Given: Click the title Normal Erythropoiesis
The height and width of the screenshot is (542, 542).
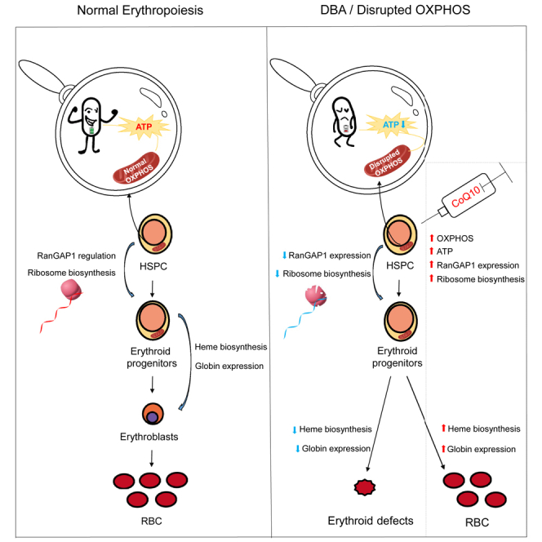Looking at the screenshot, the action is coord(140,11).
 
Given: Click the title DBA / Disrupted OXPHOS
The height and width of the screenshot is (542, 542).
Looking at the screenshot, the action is coord(395,10).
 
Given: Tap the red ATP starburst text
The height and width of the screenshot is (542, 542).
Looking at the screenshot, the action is coord(144,127).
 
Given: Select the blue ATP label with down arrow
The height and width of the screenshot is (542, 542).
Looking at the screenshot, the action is coord(394,124).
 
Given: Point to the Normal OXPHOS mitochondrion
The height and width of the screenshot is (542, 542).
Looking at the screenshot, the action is coord(136,167).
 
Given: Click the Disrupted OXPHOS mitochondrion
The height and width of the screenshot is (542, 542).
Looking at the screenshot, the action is coord(388,161).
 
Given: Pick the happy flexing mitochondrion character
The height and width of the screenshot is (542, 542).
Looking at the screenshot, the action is coord(91,125).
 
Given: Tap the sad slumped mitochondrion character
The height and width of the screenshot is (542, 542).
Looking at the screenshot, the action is coord(344,122).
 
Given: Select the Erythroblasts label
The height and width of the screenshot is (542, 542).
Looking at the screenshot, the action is coord(149,437).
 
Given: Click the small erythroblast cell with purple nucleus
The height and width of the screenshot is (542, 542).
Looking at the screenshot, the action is coord(153,414).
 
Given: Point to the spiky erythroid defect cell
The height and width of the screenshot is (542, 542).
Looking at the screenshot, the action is coord(365,487).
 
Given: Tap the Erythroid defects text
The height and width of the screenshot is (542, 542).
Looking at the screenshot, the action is coord(371,521).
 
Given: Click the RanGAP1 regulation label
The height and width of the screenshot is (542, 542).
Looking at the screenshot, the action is coord(77,255).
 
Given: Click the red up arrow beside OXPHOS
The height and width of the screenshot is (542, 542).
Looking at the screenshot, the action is coord(431,238).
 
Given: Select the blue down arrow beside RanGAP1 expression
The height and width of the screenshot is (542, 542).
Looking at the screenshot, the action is coord(285,255).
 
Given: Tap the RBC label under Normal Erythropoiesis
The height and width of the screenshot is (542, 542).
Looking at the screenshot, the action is coord(151,521).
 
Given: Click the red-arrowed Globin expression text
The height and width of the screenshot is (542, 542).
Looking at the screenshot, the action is coord(481,449).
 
